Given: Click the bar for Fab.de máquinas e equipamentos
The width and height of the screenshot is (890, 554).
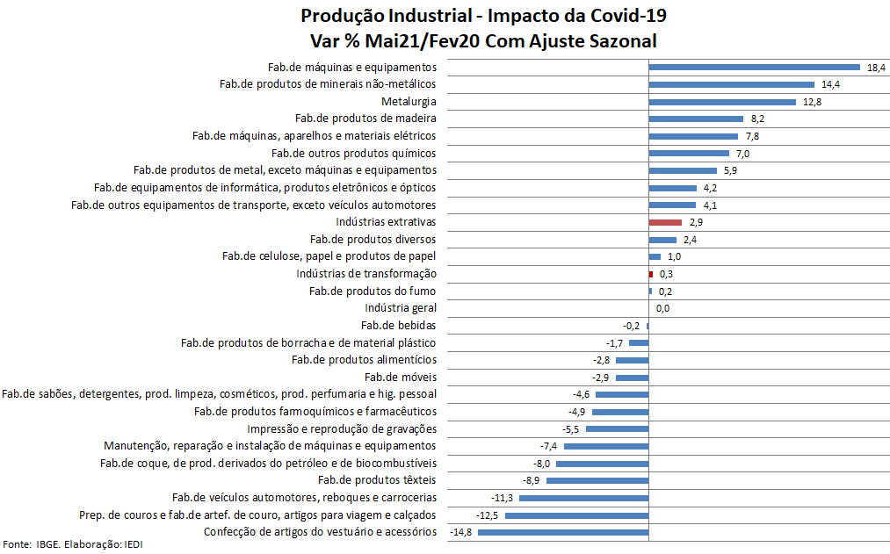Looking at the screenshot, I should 754,67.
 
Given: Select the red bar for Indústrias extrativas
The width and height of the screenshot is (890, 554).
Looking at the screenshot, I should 665,222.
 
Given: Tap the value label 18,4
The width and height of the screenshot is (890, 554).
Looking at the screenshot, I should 876,68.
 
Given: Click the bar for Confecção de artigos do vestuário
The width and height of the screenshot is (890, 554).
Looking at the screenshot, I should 563,532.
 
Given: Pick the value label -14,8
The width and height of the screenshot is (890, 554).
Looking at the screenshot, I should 461,532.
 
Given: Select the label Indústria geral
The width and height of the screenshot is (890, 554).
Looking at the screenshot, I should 401,308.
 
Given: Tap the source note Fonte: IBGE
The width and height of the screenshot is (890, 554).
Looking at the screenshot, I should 32,545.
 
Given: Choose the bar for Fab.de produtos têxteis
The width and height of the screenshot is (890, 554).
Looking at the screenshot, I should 597,480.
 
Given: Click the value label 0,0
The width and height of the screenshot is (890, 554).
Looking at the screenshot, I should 662,308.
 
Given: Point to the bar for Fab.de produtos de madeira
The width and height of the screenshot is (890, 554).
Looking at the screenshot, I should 696,119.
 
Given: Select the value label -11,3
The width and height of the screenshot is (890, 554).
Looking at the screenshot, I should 503,498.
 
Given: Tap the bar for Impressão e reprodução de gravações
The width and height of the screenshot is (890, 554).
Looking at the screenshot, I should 617,428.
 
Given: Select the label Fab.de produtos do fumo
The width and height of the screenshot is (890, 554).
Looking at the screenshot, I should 373,291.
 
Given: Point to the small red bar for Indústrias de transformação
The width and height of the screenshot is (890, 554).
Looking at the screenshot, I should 651,274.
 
